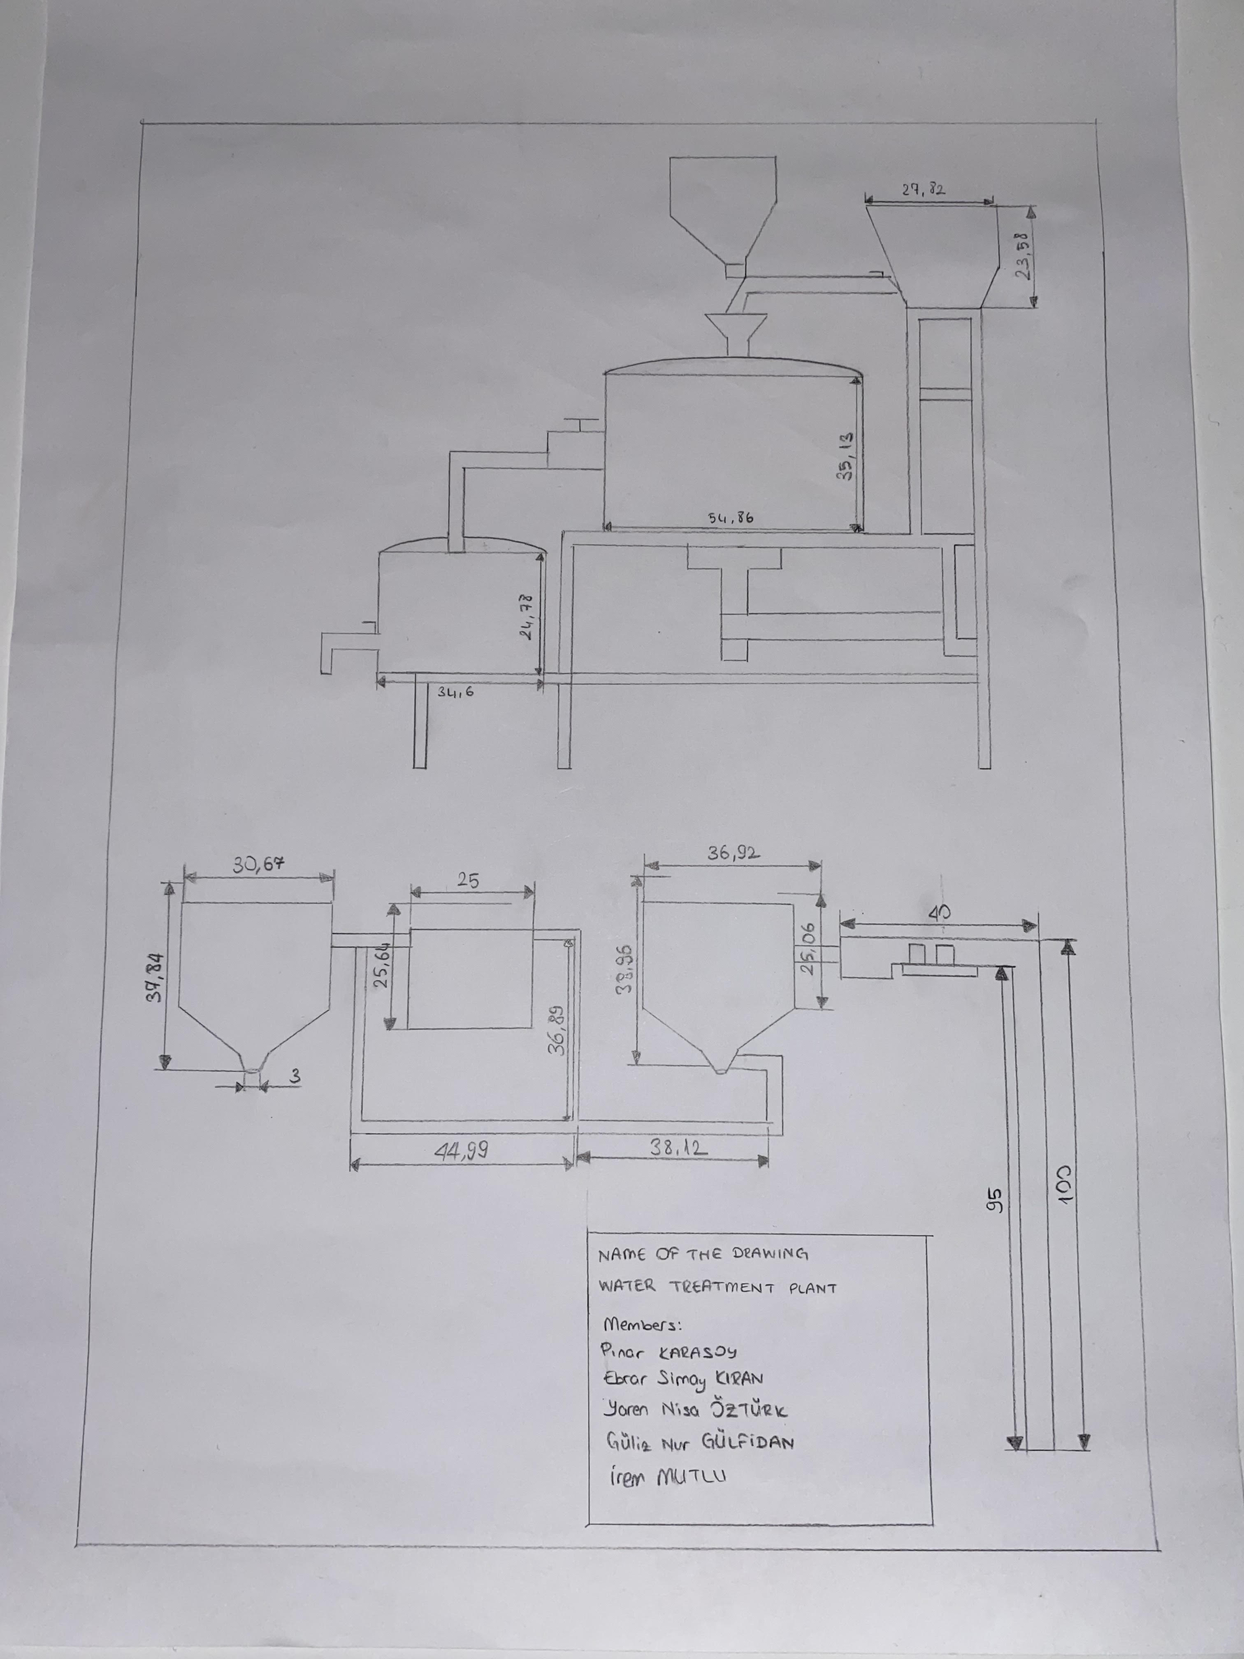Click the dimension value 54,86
click(x=730, y=518)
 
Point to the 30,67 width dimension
click(x=259, y=865)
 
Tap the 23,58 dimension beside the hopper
click(x=1021, y=256)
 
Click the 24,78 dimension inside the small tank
click(x=527, y=616)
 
